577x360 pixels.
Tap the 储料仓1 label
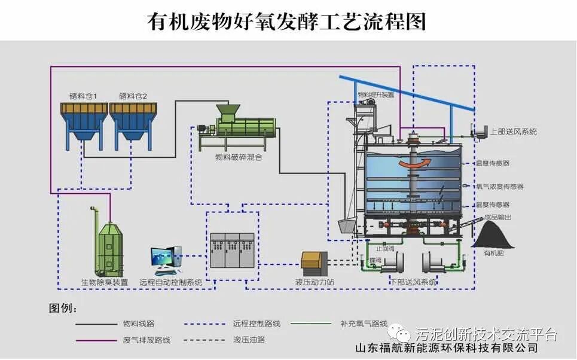pyautogui.click(x=83, y=96)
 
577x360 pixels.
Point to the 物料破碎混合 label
pyautogui.click(x=238, y=158)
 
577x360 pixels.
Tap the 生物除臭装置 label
pyautogui.click(x=105, y=282)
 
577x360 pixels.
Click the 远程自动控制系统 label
pyautogui.click(x=170, y=282)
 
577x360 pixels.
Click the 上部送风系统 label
pyautogui.click(x=513, y=132)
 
